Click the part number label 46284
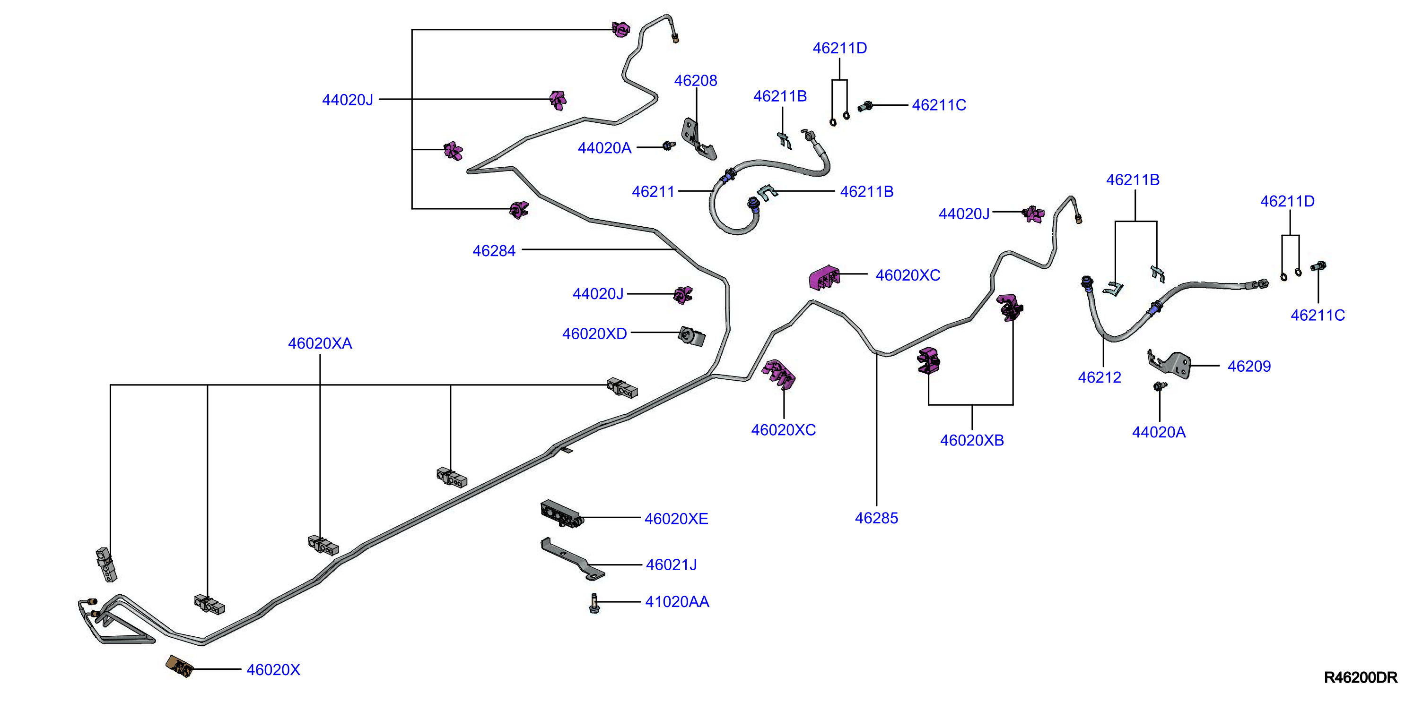click(494, 251)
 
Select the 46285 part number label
click(876, 518)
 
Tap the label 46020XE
click(676, 518)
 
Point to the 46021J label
click(671, 564)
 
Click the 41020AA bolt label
click(677, 602)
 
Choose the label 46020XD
click(594, 334)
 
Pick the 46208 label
click(696, 81)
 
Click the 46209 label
click(1249, 366)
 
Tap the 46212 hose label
click(1099, 377)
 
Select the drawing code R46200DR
click(1361, 677)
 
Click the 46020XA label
click(320, 343)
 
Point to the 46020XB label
click(972, 440)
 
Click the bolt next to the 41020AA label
click(594, 603)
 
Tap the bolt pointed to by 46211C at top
click(865, 105)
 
